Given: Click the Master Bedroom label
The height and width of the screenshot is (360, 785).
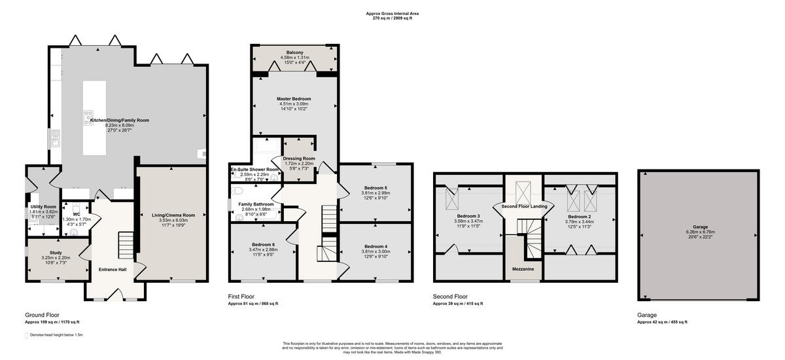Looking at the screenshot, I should pos(294,99).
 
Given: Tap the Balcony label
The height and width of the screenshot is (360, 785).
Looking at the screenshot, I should pos(294,52).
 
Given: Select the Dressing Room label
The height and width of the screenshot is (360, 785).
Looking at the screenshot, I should pos(299,158).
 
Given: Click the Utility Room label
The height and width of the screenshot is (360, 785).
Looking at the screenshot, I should pos(43,207).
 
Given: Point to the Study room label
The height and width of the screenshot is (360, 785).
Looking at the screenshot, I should pos(56,253).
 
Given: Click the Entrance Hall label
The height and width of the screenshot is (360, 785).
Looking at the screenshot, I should pos(112,269).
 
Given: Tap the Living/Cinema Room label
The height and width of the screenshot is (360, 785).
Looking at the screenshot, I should pos(174,215).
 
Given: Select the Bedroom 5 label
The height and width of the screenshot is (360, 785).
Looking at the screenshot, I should pos(375,188).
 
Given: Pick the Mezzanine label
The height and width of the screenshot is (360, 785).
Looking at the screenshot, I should pos(523,269).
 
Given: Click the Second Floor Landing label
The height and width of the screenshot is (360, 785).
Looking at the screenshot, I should pos(524,206).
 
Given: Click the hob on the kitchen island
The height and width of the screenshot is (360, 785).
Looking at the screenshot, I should pos(88,117).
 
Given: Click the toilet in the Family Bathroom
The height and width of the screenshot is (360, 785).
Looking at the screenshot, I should pos(238,190).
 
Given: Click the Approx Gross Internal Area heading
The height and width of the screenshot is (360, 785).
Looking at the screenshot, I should pos(392,13).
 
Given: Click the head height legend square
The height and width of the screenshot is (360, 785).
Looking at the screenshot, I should pos(27,335).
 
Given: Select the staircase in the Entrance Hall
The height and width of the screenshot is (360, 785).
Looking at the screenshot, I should pos(124,245).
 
